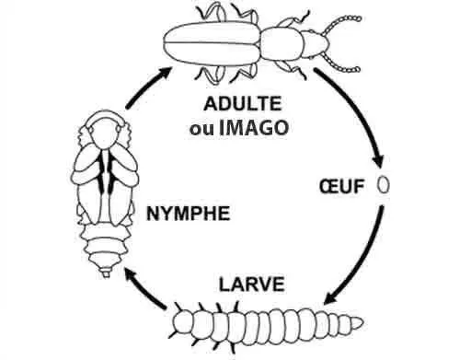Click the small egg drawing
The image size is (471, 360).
(384, 185)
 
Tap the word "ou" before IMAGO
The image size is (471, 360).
(200, 128)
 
